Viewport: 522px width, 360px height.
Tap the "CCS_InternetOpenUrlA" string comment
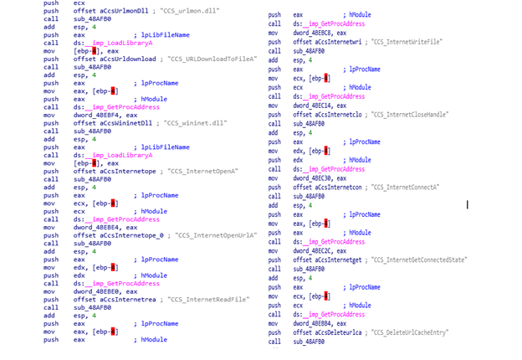(x=215, y=235)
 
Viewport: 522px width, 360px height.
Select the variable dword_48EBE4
(x=97, y=227)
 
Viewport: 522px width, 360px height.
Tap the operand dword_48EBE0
(x=97, y=291)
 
